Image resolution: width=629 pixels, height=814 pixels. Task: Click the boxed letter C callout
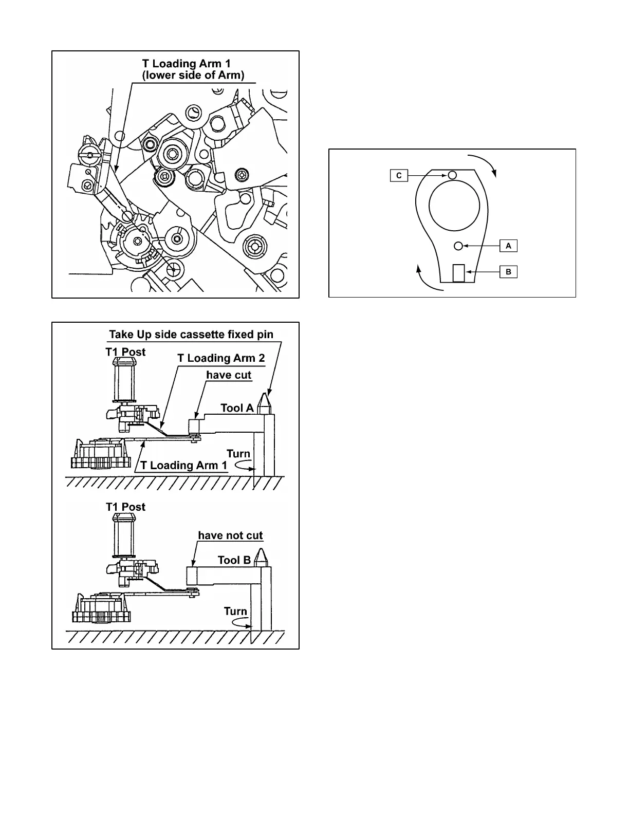point(398,176)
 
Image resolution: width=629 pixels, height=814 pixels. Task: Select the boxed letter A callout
point(508,246)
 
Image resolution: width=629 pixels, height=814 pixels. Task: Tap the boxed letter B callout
point(508,272)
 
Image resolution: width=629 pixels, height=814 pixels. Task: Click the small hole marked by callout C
point(452,175)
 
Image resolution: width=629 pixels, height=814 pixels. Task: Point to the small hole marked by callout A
point(459,246)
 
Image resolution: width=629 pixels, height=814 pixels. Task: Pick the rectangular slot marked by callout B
point(459,273)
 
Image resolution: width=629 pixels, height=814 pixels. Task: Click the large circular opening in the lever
point(454,206)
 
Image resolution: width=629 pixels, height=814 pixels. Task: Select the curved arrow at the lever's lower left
point(426,279)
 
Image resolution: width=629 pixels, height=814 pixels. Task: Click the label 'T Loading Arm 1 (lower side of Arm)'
point(193,69)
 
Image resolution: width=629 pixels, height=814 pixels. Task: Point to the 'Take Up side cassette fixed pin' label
point(191,335)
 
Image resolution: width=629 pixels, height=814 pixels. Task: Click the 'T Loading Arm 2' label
point(221,358)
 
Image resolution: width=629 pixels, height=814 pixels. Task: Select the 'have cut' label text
point(229,375)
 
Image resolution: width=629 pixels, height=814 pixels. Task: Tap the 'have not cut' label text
point(230,535)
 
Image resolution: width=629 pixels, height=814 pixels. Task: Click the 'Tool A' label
point(237,408)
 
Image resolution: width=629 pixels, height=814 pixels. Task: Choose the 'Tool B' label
point(234,560)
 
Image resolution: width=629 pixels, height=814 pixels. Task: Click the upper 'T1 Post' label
point(126,352)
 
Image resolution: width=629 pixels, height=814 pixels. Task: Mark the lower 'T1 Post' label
point(126,507)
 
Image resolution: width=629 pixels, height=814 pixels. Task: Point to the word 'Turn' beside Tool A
point(238,454)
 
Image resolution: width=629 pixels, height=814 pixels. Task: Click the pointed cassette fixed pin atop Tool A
point(265,402)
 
